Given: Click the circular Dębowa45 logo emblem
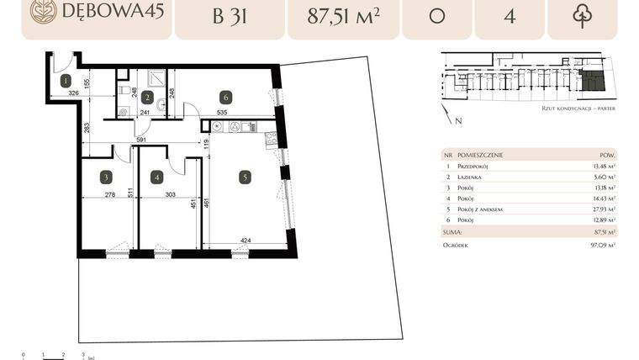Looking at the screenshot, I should pos(43,11).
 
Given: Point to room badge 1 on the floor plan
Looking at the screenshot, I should pos(65,81).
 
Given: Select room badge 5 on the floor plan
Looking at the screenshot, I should pos(244,177).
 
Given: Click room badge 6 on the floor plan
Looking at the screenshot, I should pos(225,98).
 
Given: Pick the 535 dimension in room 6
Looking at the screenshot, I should pos(222,111).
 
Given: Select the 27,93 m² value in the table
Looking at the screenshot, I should pos(600,209).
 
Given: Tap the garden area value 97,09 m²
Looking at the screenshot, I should pos(600,244).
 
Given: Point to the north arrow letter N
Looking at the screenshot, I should pos(458,120).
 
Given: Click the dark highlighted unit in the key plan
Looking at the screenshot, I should pos(593,81).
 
